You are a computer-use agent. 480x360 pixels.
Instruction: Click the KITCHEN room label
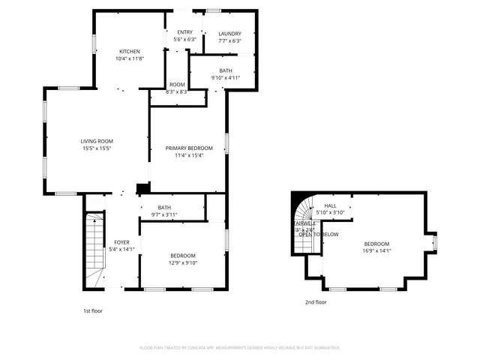pos(130,51)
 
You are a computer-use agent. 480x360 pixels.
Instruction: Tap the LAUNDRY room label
pos(229,34)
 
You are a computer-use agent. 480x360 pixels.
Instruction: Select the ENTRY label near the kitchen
pos(184,32)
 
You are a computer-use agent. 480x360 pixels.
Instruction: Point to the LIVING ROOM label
pos(97,141)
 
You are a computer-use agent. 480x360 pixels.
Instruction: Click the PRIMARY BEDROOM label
pos(189,148)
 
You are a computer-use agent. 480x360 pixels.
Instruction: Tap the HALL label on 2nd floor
pos(330,205)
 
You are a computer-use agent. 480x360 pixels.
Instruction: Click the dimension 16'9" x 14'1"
pos(376,251)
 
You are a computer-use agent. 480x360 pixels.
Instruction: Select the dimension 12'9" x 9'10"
pos(182,262)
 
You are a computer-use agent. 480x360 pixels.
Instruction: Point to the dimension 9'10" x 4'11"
pos(225,77)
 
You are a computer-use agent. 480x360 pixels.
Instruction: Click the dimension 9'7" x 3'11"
pos(164,215)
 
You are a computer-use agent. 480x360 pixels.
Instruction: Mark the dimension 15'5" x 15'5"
pos(97,148)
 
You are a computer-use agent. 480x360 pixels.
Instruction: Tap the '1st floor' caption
pos(92,309)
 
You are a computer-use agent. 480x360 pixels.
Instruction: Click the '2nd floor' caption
pos(315,302)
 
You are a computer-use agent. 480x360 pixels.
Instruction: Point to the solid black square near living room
pos(141,189)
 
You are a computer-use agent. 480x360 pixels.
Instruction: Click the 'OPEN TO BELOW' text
pos(319,235)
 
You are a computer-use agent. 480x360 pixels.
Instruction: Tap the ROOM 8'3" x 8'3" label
pos(177,88)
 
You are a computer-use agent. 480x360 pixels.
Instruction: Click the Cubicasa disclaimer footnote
pos(240,348)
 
